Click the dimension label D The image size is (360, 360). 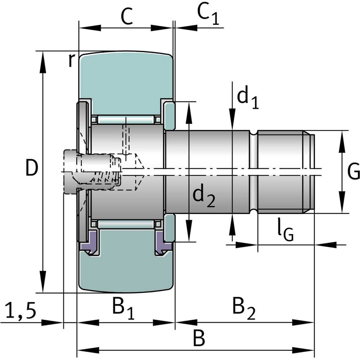[x=31, y=168]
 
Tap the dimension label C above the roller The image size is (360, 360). [x=127, y=16]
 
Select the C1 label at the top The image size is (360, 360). [x=208, y=14]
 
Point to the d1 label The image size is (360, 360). [x=248, y=97]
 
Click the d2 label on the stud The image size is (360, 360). [x=203, y=196]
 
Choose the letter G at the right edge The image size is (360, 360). [x=354, y=171]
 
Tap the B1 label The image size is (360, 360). [x=123, y=308]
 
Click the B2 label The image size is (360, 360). [x=244, y=308]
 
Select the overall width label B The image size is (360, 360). [x=199, y=338]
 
